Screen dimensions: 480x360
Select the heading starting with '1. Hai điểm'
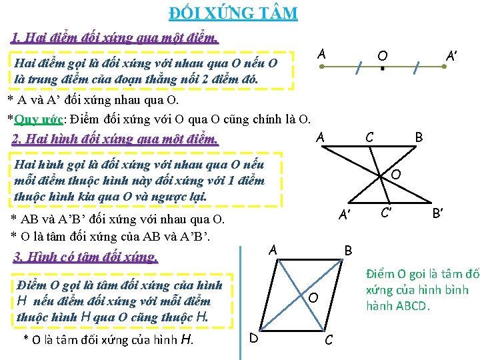(x=115, y=37)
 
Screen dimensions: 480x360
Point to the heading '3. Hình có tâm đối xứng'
(x=85, y=257)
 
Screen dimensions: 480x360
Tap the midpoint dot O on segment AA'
(x=382, y=68)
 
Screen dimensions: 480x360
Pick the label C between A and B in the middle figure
(x=369, y=137)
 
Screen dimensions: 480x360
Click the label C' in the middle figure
(x=385, y=214)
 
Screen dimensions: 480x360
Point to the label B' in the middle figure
(x=439, y=214)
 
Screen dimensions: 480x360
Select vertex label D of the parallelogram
(x=254, y=338)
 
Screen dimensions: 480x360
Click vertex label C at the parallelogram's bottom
(x=328, y=340)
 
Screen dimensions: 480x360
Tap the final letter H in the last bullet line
(x=187, y=340)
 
